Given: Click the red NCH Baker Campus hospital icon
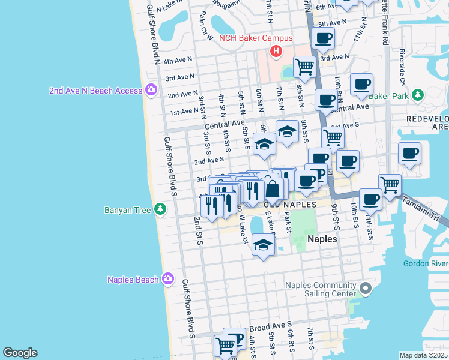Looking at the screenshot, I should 276,52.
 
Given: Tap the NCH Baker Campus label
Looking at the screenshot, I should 256,38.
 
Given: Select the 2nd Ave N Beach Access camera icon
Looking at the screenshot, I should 151,91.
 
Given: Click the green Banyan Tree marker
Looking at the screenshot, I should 160,209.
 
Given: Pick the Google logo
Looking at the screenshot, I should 20,352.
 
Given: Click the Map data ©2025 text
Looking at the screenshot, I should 423,355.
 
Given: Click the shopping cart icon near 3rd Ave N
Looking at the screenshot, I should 304,66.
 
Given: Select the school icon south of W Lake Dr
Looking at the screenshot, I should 263,244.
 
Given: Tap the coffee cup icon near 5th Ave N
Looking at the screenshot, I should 323,38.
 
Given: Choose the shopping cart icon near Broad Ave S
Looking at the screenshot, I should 226,345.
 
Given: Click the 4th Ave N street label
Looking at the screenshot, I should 177,61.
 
